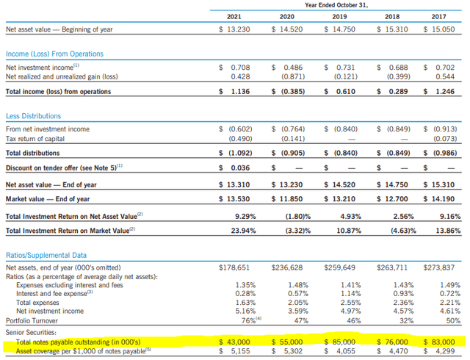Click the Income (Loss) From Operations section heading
pos(54,54)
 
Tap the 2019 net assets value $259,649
pos(339,267)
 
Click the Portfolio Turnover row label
pos(34,320)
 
